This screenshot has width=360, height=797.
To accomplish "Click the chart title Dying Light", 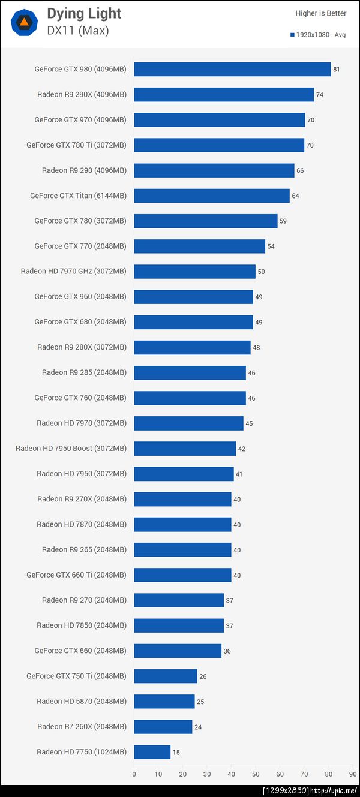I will (84, 13).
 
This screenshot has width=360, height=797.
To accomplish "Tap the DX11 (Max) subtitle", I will (78, 31).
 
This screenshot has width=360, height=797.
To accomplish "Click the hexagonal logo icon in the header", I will (25, 23).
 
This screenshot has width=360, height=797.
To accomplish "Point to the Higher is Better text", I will (320, 13).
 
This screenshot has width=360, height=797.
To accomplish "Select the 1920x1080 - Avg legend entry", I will (318, 35).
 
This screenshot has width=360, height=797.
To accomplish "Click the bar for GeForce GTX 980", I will (232, 69).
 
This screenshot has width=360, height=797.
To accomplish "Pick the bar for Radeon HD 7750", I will (152, 752).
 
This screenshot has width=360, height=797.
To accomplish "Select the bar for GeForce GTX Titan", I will (212, 196).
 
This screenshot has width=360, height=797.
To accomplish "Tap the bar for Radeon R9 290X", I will (224, 95).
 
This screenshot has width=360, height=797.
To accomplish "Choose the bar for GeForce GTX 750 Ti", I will (166, 676).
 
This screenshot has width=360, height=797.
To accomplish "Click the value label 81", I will (337, 70).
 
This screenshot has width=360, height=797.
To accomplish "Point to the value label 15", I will (176, 753).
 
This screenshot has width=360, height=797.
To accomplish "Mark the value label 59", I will (283, 221).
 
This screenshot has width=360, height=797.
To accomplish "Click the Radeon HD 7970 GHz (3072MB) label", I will (74, 272).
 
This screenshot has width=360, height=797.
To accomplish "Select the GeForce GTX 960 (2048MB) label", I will (80, 297).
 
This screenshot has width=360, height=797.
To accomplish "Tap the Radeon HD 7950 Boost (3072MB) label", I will (71, 449).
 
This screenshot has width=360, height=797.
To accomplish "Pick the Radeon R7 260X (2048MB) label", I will (82, 727).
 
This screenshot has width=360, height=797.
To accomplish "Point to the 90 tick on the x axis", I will (353, 774).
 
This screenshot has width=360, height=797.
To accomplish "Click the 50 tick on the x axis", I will (256, 774).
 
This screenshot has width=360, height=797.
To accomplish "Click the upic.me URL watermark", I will (334, 791).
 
